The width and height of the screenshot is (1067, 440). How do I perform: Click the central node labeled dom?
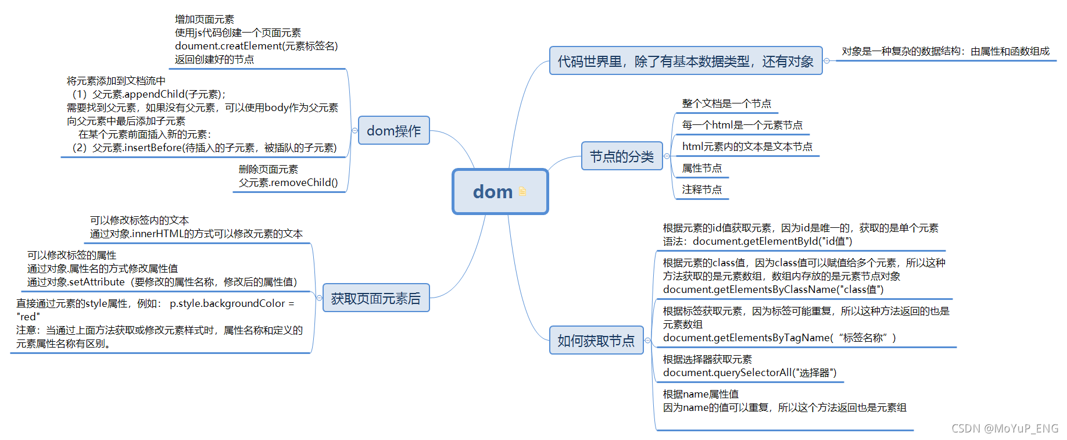[493, 192]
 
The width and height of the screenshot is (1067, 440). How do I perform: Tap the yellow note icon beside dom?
[522, 192]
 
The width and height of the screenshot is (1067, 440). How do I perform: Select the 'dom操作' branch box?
[393, 131]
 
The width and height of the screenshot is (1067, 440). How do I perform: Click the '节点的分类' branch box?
[621, 156]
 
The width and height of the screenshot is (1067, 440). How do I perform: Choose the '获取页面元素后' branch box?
[375, 298]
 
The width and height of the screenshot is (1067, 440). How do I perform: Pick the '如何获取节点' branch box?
[596, 341]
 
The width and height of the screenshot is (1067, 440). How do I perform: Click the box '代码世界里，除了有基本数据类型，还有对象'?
[685, 61]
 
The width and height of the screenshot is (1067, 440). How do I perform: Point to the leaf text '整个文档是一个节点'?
[726, 103]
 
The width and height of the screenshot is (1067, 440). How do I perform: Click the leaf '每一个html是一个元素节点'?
[742, 125]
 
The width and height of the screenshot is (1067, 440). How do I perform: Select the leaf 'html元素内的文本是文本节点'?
[747, 146]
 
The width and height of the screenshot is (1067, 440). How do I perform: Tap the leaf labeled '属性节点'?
[701, 168]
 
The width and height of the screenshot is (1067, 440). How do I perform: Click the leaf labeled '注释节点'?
[701, 189]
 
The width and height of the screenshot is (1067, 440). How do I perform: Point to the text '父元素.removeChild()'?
[288, 183]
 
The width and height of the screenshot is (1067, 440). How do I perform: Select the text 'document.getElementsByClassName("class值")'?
[773, 289]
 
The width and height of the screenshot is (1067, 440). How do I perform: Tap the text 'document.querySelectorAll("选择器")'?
[749, 373]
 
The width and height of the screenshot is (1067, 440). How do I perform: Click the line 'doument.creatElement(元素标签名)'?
[256, 46]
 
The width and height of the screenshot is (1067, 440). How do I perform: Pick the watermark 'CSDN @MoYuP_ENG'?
[1004, 428]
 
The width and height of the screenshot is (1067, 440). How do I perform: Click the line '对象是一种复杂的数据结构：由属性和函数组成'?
[946, 51]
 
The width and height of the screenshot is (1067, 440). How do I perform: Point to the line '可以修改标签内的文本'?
[139, 220]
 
